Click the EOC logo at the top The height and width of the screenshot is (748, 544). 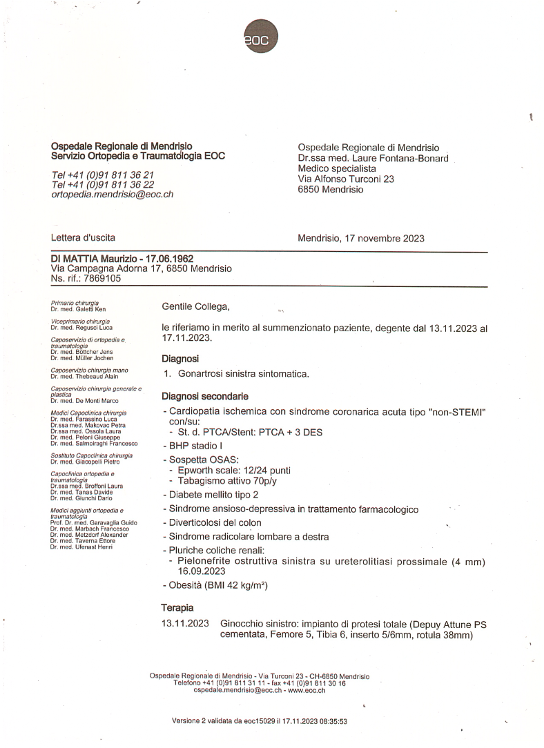262,37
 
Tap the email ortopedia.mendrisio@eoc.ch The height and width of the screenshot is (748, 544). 112,195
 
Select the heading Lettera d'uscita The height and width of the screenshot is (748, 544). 83,238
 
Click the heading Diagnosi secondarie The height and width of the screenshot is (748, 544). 205,396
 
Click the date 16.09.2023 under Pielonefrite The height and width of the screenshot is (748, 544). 202,571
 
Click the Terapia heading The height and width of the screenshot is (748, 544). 177,608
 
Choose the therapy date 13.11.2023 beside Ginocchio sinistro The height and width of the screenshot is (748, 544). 185,624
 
